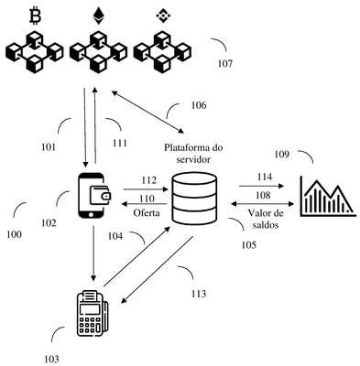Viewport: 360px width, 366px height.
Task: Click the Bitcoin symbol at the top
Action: pyautogui.click(x=35, y=16)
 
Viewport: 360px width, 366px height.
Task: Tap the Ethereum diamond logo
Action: pyautogui.click(x=98, y=16)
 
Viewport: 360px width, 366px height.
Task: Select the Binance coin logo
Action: pyautogui.click(x=161, y=16)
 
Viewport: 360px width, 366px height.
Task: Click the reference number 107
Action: pyautogui.click(x=225, y=64)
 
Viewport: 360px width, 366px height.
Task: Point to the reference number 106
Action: pyautogui.click(x=199, y=105)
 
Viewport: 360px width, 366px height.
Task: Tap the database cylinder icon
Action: pyautogui.click(x=194, y=198)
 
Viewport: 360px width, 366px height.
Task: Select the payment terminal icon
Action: pyautogui.click(x=92, y=313)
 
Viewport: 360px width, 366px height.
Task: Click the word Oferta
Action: pyautogui.click(x=147, y=212)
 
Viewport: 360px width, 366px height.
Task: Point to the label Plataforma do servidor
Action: pyautogui.click(x=193, y=154)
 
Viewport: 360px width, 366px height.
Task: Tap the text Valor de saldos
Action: pyautogui.click(x=266, y=219)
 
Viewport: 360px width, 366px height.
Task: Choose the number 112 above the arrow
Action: pyautogui.click(x=148, y=180)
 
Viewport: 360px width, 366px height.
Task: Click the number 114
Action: pyautogui.click(x=265, y=177)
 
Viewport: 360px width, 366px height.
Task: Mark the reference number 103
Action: pyautogui.click(x=51, y=359)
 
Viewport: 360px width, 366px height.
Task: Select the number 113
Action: pyautogui.click(x=199, y=294)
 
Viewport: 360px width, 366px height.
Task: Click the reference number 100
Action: pyautogui.click(x=14, y=234)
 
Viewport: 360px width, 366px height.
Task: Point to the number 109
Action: pyautogui.click(x=281, y=155)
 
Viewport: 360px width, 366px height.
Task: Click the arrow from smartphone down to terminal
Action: pyautogui.click(x=93, y=253)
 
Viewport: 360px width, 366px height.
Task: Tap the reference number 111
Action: pyautogui.click(x=120, y=143)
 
